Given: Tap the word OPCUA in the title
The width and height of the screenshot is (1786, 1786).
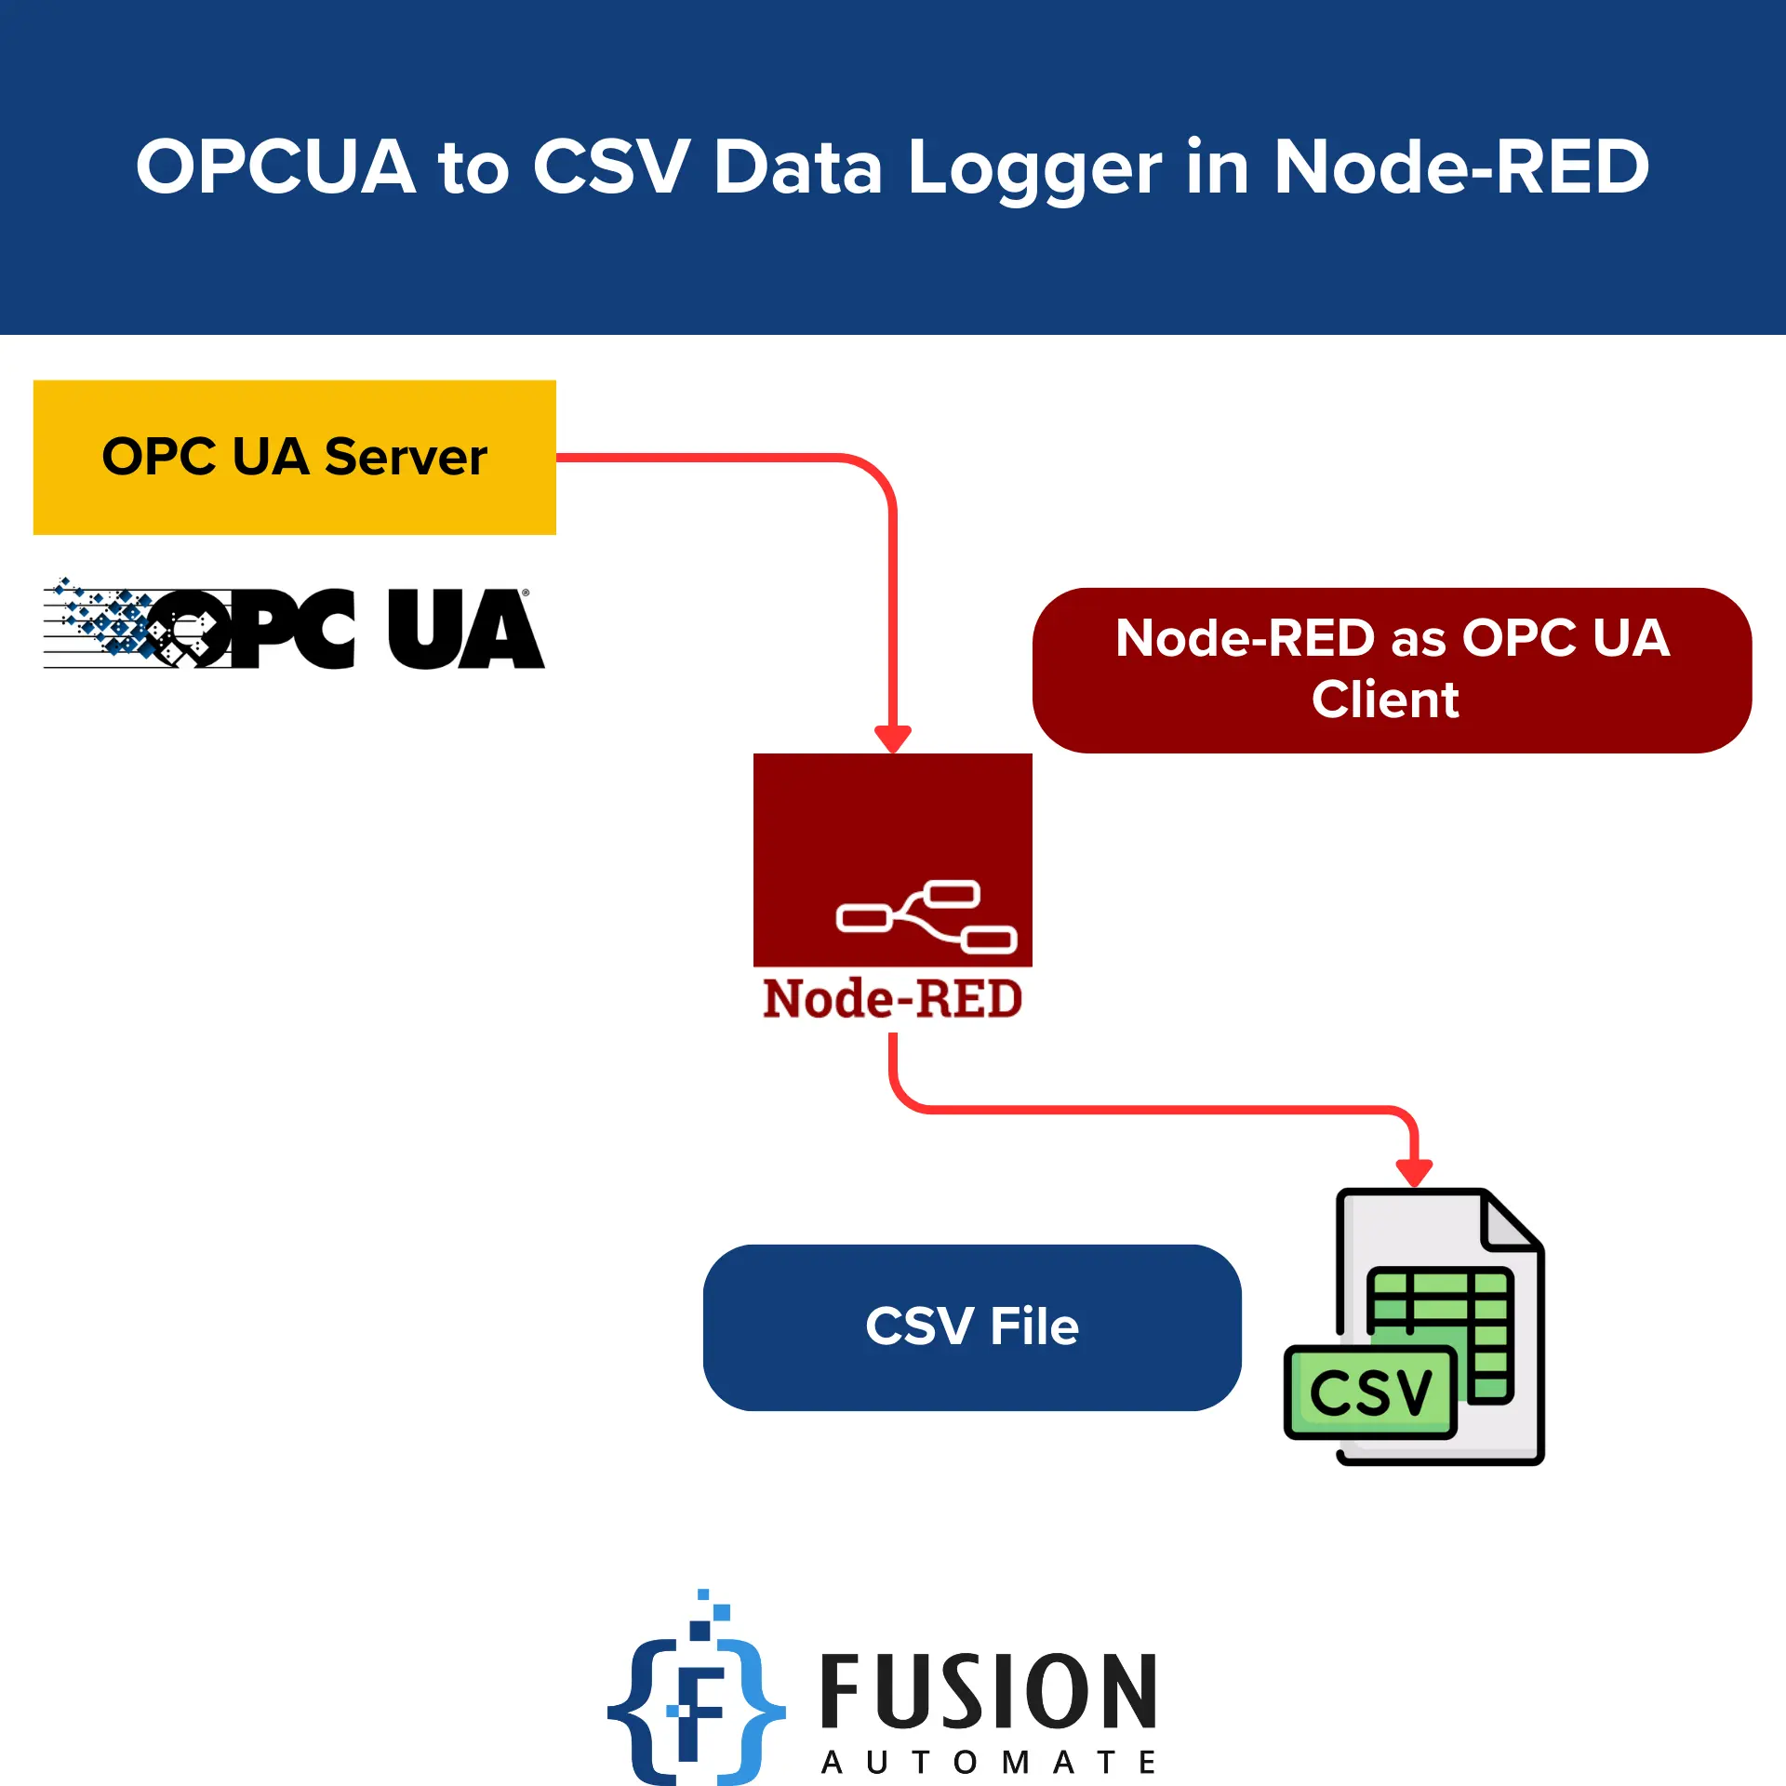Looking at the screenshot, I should [275, 167].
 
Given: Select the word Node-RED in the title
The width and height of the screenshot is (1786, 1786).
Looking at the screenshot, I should [1460, 167].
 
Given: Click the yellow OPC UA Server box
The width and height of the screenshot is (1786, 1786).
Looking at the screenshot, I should [294, 457].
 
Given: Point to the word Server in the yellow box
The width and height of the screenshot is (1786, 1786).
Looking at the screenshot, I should [406, 457].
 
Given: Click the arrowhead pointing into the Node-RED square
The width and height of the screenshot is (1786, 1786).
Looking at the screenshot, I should [893, 739].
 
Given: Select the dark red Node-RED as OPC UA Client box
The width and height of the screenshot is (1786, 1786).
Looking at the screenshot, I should [1392, 670].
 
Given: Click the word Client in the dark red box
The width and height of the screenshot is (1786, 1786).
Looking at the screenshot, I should [1385, 700].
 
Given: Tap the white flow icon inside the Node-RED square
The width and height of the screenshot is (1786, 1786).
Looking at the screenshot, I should [926, 916].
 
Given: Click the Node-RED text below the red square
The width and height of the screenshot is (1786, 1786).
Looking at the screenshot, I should [892, 999].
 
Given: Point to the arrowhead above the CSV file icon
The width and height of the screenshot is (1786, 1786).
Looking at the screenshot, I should [1414, 1172].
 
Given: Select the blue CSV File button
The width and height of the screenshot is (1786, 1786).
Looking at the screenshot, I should [972, 1326].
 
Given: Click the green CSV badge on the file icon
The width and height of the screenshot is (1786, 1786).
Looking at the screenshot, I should [1369, 1393].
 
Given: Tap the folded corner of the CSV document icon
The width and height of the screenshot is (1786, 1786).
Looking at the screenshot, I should [1509, 1220].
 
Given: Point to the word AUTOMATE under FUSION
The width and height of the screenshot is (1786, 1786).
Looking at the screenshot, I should [988, 1762].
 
